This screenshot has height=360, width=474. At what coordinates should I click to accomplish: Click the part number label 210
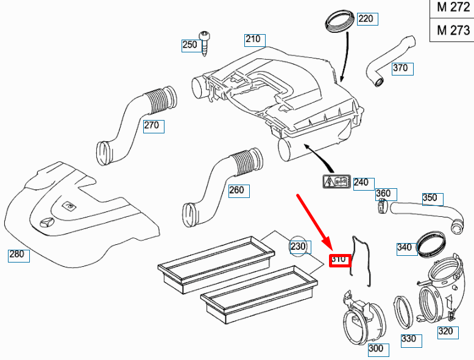(253, 40)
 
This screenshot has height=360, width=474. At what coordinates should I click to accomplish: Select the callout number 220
(365, 19)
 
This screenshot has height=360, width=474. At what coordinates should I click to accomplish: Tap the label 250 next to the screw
(189, 44)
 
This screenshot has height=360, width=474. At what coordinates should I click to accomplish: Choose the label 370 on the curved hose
(400, 68)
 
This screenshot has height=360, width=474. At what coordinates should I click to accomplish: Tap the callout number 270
(151, 126)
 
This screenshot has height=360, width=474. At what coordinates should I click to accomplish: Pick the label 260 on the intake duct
(236, 190)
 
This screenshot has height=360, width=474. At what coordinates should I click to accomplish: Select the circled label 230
(298, 247)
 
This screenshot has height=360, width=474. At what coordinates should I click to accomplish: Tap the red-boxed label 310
(339, 260)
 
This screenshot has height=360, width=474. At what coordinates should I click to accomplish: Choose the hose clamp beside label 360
(382, 208)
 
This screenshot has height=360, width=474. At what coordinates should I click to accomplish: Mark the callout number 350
(430, 198)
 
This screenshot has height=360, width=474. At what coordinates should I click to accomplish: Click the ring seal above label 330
(403, 309)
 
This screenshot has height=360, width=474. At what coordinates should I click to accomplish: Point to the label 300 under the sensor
(376, 349)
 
